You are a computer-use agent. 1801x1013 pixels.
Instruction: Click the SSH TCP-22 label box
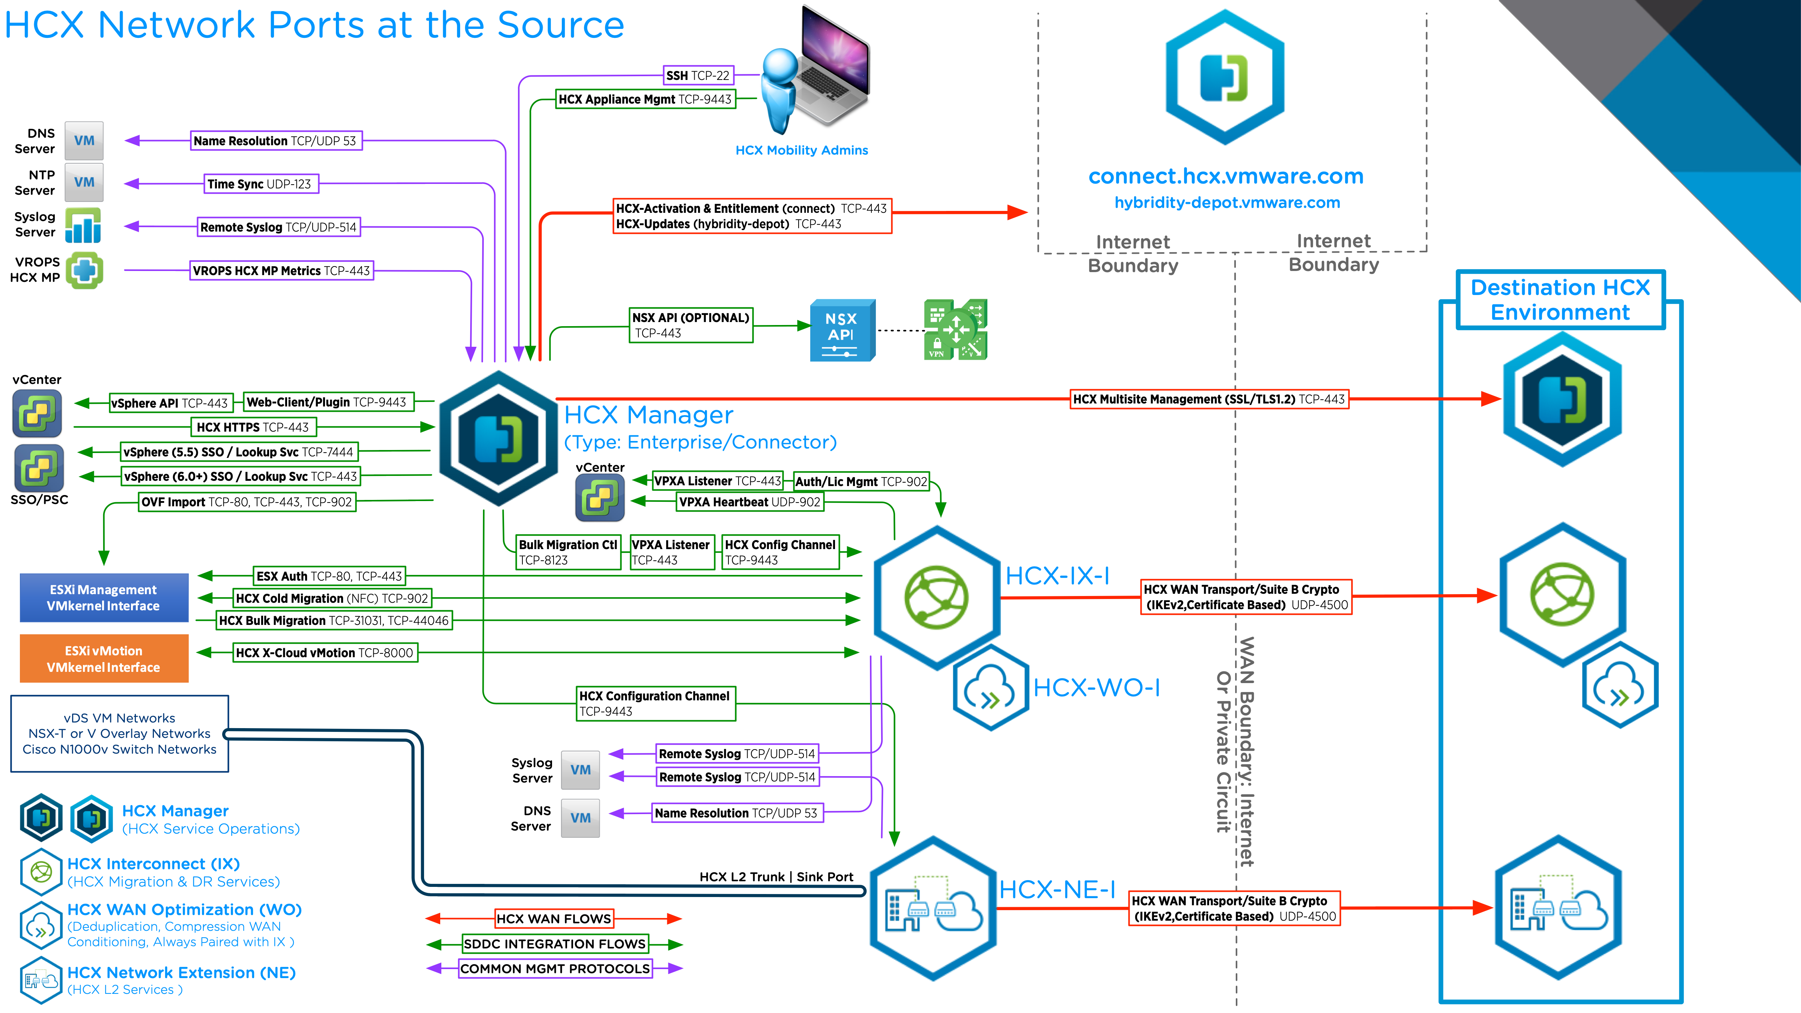pos(698,75)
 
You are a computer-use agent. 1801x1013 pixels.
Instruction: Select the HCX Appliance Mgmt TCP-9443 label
pos(645,99)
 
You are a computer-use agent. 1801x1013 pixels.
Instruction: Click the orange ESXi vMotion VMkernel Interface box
pos(104,659)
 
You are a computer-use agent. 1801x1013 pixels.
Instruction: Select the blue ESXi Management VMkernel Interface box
pos(104,598)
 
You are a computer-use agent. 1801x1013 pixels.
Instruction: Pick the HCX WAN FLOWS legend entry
pos(554,919)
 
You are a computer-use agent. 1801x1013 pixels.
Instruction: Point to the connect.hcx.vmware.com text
pos(1226,176)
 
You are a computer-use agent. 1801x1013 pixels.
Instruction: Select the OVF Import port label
pos(247,502)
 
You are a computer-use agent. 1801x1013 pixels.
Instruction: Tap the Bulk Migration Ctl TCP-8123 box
pos(568,552)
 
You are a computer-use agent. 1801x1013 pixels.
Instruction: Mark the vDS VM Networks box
pos(120,733)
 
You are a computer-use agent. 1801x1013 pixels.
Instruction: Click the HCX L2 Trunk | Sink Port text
pos(776,877)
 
